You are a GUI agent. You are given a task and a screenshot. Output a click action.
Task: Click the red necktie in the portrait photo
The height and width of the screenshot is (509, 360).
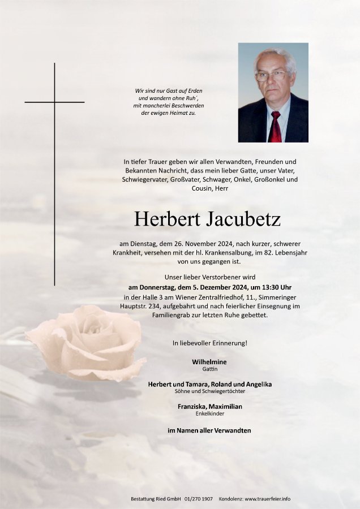click(275, 126)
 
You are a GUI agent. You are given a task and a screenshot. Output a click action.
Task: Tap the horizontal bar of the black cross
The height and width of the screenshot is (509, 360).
click(54, 102)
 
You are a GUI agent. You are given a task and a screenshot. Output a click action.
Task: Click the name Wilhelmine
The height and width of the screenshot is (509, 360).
click(209, 361)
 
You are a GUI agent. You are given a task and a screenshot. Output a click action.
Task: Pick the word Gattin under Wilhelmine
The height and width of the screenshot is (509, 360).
click(209, 369)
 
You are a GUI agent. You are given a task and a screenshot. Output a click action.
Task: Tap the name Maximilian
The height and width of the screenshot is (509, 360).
click(226, 406)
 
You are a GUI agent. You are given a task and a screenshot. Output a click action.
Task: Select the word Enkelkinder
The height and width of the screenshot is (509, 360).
click(209, 413)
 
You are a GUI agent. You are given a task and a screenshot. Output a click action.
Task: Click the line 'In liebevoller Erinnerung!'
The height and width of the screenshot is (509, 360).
click(209, 343)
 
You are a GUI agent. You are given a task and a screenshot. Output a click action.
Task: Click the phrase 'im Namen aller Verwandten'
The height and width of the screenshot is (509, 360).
click(209, 430)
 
